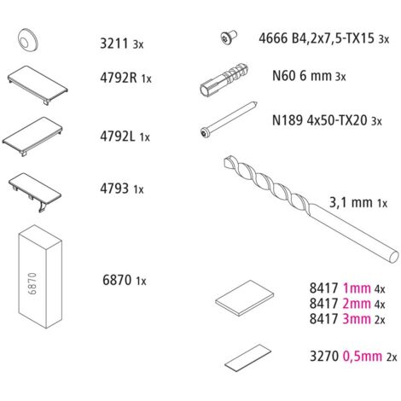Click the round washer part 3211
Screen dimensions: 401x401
coord(27,40)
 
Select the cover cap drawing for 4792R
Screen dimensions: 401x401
coord(38,84)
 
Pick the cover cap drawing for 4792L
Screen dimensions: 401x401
coord(32,136)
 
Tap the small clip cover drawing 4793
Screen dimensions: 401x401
coord(35,191)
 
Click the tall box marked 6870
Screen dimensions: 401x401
coord(40,276)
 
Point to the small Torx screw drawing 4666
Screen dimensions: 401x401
coord(229,37)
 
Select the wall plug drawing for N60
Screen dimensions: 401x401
coord(224,78)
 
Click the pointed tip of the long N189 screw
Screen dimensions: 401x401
coord(258,102)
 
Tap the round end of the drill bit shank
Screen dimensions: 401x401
coord(393,258)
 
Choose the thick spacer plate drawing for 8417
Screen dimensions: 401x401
coord(245,298)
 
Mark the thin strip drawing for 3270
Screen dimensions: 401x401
coord(247,357)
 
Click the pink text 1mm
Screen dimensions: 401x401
coord(357,288)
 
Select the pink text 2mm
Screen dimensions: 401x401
coord(357,304)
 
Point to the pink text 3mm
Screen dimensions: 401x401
coord(357,319)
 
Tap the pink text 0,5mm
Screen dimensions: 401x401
coord(363,357)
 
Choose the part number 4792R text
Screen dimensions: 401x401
coord(119,78)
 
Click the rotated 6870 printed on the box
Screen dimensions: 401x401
coord(32,283)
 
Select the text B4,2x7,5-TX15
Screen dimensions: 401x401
coord(333,38)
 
